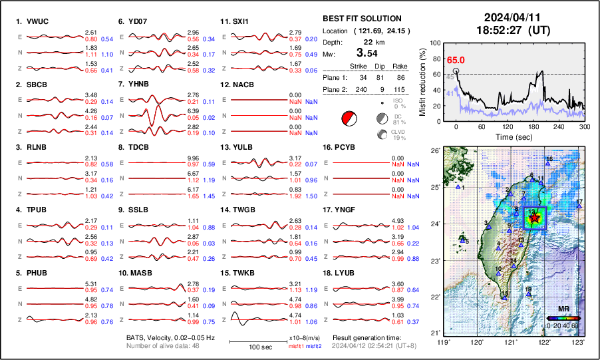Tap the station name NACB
coord(240,85)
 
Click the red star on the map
coord(535,217)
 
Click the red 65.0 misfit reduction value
coord(455,61)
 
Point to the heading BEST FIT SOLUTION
coord(362,19)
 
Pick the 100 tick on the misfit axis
coord(436,43)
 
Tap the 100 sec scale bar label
coord(257,347)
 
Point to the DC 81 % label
coord(398,119)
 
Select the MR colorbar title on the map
coord(563,309)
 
